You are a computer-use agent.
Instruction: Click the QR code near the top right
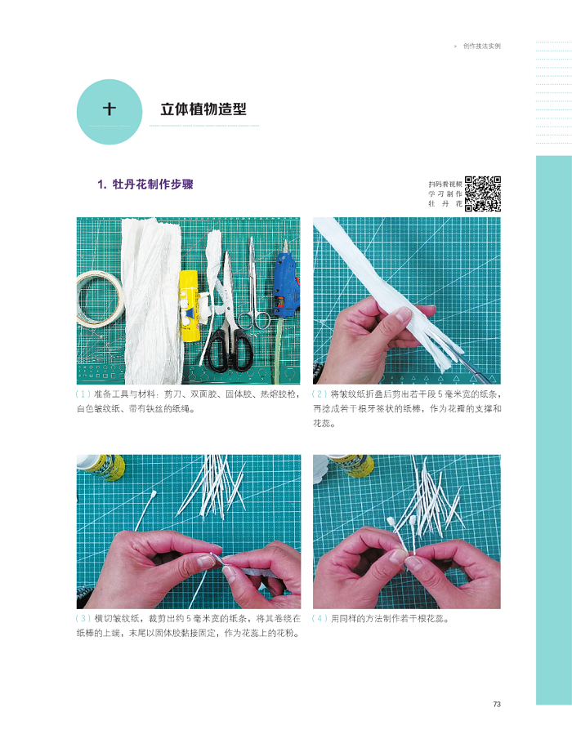pos(483,194)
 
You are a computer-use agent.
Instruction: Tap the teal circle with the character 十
pos(109,112)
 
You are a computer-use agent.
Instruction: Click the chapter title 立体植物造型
pos(203,109)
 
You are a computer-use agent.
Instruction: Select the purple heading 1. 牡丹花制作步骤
pos(145,185)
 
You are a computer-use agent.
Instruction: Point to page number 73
pos(497,704)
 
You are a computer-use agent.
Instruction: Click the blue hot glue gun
pos(286,284)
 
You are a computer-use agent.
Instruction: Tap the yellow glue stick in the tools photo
pos(188,306)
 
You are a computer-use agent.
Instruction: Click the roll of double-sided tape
pos(99,300)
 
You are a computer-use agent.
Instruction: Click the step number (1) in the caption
pos(83,394)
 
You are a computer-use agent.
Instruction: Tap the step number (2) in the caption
pos(320,394)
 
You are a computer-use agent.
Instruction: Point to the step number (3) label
pos(83,618)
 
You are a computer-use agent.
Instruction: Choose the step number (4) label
pos(320,618)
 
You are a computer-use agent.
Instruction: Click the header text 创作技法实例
pos(482,46)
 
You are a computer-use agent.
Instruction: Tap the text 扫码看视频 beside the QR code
pos(445,184)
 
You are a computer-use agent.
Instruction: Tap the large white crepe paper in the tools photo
pos(152,301)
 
